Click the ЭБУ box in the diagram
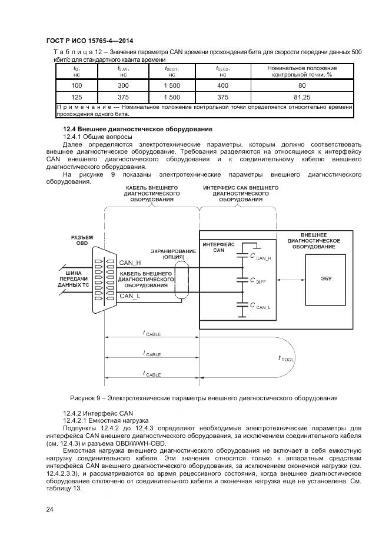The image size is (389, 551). pos(327,278)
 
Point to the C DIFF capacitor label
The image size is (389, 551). pos(258,281)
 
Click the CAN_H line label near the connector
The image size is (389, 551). pos(130,263)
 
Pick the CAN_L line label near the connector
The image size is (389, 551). pos(129,296)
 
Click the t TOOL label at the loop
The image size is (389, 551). pos(286,358)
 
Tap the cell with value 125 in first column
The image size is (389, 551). pos(77,97)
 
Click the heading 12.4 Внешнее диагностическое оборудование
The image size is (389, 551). pos(137,129)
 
